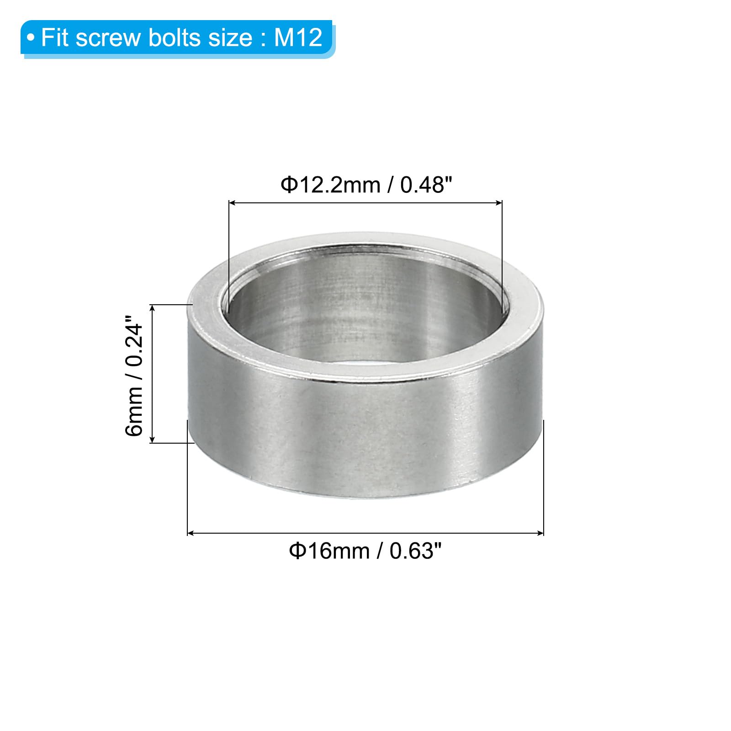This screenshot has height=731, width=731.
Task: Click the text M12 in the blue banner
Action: tap(298, 37)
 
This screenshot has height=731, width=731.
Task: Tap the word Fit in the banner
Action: tap(55, 37)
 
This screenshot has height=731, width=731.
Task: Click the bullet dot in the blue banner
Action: tap(31, 38)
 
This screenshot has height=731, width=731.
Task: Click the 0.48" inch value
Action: tap(426, 185)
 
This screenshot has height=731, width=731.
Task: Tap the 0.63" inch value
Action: tap(416, 551)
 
